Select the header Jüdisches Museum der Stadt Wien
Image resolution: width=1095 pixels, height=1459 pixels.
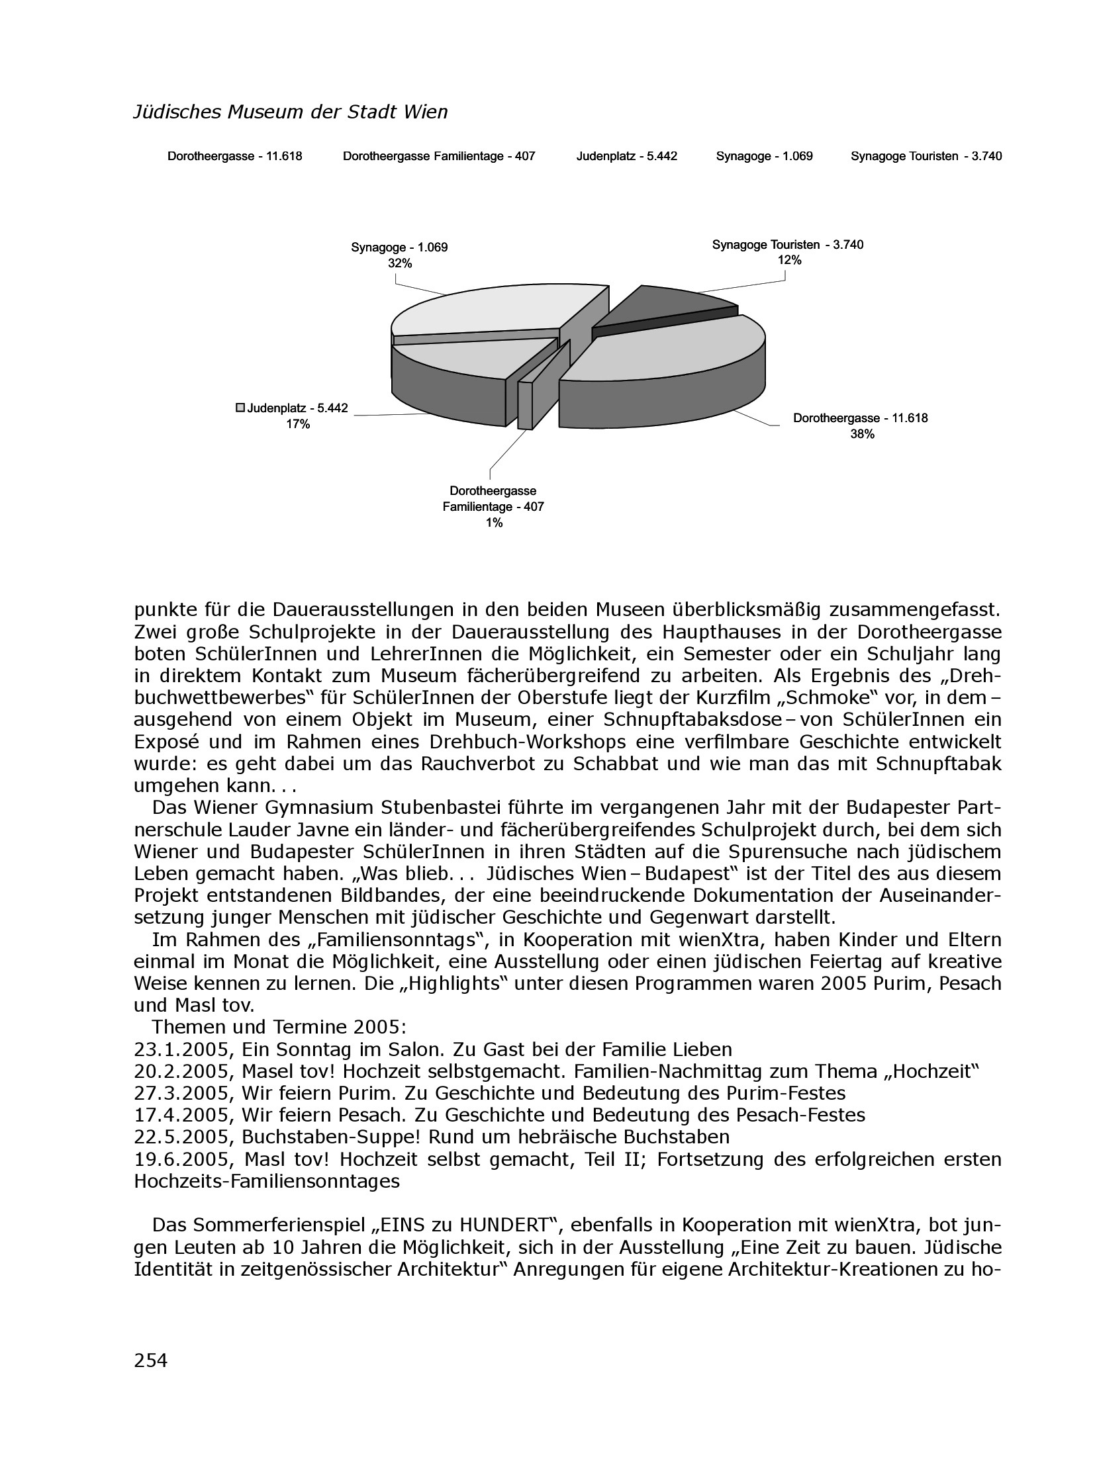pos(291,112)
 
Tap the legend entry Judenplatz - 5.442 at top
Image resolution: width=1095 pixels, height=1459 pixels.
pos(626,157)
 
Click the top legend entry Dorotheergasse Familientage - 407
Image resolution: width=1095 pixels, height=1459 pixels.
pos(438,157)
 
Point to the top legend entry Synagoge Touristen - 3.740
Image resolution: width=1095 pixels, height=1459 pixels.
pos(926,157)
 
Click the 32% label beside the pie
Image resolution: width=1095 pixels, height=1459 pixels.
pos(399,263)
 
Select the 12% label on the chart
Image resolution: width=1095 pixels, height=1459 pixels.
pos(788,260)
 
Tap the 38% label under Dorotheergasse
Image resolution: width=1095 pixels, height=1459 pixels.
pos(861,434)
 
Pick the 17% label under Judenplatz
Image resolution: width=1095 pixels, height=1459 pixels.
pos(298,424)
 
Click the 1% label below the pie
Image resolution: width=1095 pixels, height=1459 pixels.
pos(493,523)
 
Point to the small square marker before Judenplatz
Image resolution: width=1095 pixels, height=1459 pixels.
pos(241,408)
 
